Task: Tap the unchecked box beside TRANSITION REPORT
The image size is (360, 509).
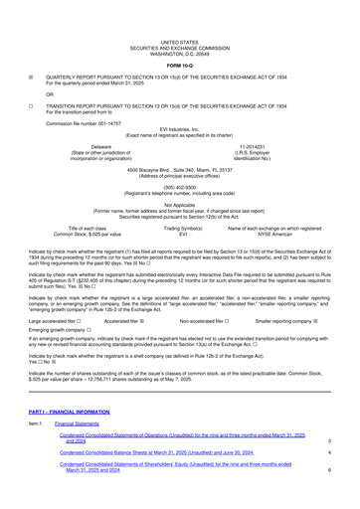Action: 8,85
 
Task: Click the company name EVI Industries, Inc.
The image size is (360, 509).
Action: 179,115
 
